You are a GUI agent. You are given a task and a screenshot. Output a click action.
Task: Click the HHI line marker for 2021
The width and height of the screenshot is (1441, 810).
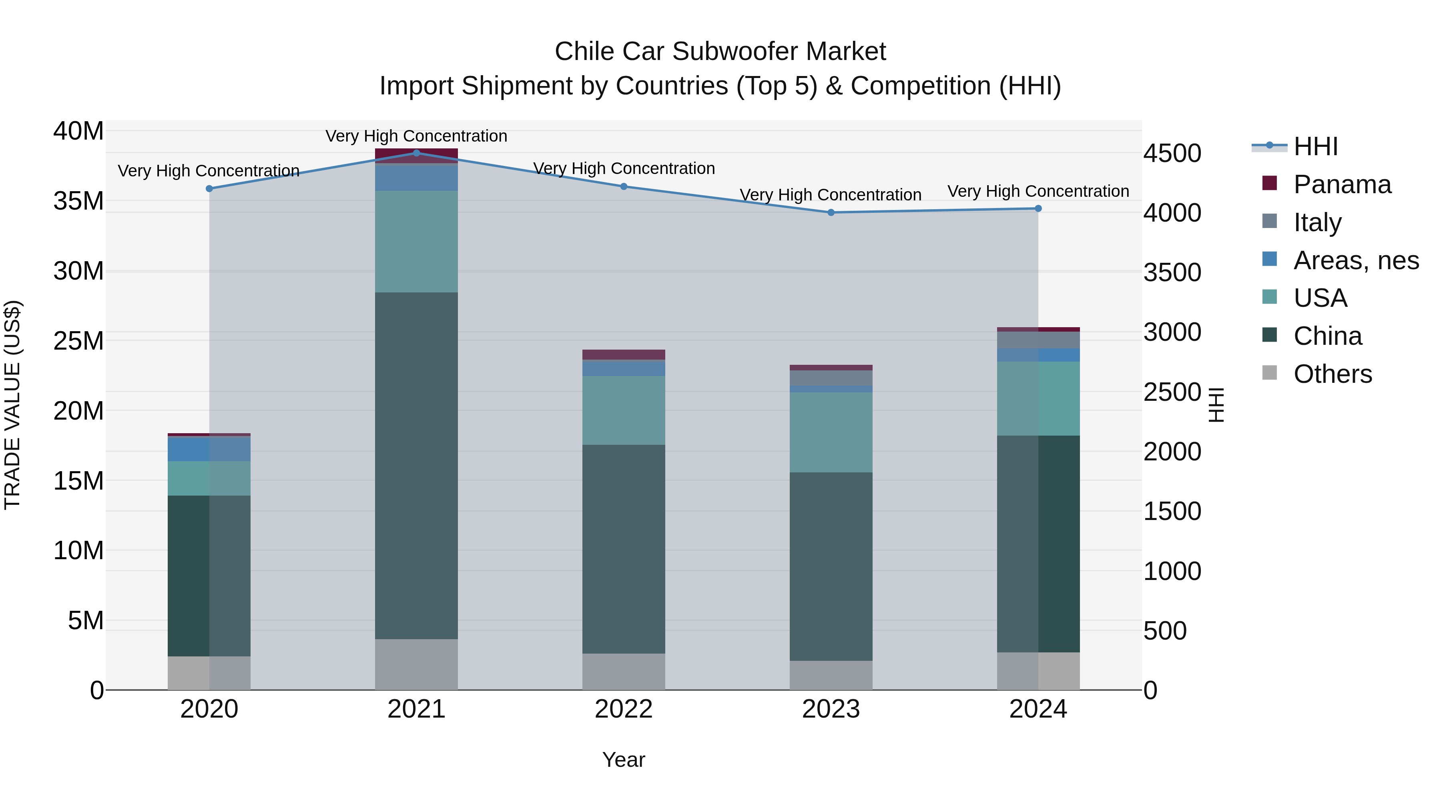point(416,153)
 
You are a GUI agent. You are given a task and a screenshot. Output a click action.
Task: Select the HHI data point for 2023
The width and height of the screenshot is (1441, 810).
point(831,212)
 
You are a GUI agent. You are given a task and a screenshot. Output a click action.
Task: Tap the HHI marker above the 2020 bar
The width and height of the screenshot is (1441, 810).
point(209,188)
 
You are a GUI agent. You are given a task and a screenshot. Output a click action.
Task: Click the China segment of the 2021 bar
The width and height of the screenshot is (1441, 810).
point(416,465)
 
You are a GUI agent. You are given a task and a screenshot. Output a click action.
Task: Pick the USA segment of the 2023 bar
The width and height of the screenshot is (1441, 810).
point(831,432)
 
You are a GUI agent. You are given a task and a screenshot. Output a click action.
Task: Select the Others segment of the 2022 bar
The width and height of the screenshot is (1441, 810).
point(624,671)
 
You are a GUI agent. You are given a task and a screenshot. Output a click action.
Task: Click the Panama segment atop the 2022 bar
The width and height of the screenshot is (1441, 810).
point(624,354)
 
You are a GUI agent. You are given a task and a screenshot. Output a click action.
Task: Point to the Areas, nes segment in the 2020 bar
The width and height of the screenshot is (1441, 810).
point(209,449)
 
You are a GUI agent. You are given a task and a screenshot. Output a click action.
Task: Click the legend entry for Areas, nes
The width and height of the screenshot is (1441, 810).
point(1355,260)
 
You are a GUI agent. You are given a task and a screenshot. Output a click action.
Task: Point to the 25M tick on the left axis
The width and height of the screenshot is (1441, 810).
point(78,341)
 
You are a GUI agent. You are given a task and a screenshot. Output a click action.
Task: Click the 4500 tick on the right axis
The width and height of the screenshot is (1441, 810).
point(1172,153)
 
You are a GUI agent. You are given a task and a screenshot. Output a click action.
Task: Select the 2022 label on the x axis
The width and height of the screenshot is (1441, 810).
point(624,709)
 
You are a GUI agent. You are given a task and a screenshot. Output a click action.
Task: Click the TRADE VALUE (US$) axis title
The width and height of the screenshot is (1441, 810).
point(12,405)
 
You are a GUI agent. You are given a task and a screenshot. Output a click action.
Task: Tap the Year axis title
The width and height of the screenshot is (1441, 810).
point(624,760)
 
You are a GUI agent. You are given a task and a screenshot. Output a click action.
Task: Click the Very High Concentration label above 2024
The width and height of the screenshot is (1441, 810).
point(1038,191)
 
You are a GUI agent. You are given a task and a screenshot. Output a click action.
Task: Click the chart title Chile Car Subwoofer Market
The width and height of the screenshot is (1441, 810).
point(720,52)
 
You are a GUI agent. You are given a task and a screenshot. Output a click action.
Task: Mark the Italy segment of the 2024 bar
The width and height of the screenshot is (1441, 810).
point(1038,340)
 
